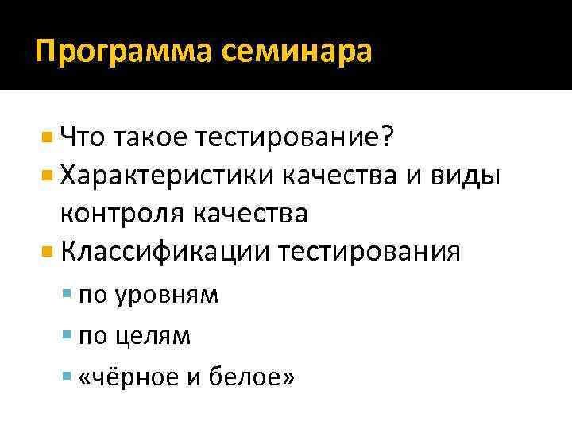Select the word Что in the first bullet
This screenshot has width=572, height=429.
[84, 138]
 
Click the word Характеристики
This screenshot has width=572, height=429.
[174, 176]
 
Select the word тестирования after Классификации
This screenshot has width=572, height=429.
[370, 251]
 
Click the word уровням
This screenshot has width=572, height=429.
[167, 296]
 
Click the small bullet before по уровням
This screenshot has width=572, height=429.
[66, 295]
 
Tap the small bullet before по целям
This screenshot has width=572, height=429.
[66, 334]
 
